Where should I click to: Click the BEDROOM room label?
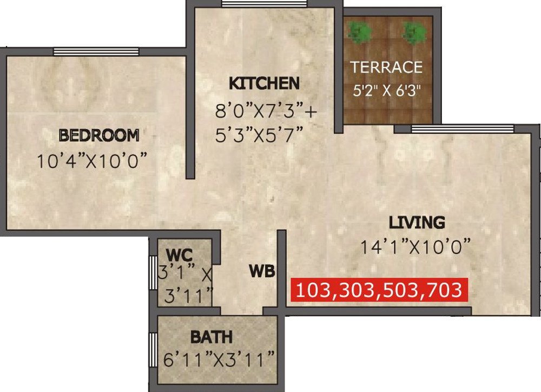coord(99,134)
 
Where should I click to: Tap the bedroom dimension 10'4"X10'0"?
coord(93,161)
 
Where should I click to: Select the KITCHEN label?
coord(264,83)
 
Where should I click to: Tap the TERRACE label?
coord(386,67)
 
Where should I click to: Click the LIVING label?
coord(417,222)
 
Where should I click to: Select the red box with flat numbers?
coord(379,289)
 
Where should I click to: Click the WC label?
coord(179,254)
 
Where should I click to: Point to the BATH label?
coord(211,337)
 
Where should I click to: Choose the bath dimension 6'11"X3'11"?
coord(219,358)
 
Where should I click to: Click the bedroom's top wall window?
coord(96,52)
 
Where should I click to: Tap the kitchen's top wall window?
coord(265,4)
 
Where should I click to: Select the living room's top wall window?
coord(462,128)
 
